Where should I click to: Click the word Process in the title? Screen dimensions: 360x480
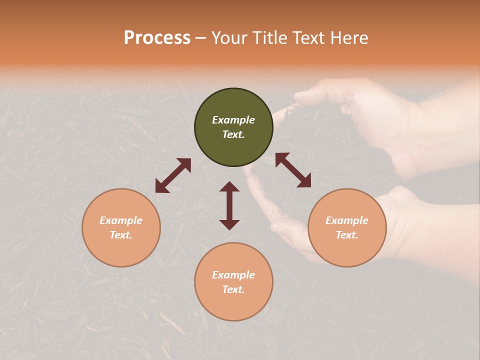(x=157, y=38)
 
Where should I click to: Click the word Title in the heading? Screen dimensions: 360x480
(x=269, y=38)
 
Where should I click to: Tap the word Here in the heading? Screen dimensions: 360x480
(x=348, y=38)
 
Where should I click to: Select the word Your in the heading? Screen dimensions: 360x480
(x=228, y=38)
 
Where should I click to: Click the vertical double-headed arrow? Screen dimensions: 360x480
(x=229, y=205)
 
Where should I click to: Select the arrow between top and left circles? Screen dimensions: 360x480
(x=173, y=175)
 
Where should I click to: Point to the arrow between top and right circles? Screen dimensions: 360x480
(x=293, y=170)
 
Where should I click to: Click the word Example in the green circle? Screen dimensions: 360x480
(x=233, y=120)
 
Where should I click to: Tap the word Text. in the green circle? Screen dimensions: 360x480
(x=233, y=134)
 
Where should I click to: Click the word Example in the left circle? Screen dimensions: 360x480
(x=121, y=220)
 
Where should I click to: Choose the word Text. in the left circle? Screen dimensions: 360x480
(x=121, y=235)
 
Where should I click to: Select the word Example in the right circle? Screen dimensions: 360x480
(x=347, y=220)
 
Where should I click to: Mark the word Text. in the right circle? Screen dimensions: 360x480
(x=347, y=235)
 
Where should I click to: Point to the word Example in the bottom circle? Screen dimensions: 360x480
(x=233, y=275)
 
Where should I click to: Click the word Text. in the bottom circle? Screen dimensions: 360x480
(x=233, y=289)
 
